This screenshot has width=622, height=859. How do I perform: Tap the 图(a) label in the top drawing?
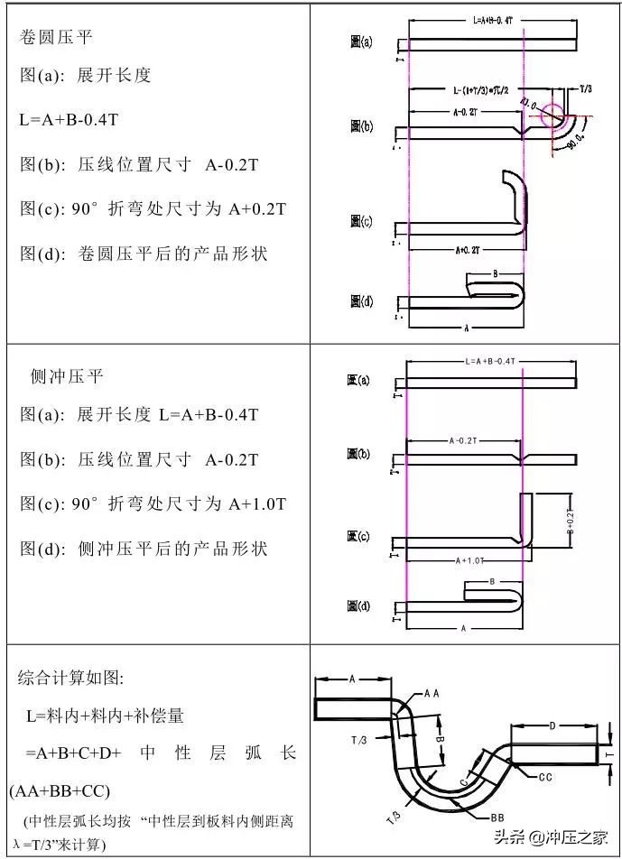(x=361, y=42)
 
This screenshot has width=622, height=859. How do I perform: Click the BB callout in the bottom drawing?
(x=497, y=817)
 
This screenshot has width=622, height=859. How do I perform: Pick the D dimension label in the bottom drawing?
(x=552, y=725)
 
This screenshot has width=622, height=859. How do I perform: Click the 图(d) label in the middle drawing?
(x=358, y=606)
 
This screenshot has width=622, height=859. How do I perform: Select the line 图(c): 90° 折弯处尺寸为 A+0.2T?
(x=153, y=209)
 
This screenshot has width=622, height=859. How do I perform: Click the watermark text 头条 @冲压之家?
(x=554, y=836)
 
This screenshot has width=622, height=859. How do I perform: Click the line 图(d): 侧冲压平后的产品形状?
(x=144, y=549)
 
